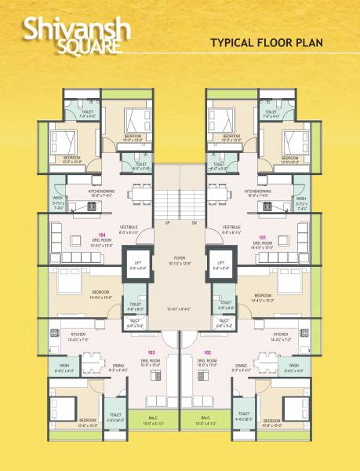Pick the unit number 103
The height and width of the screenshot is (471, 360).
(x=150, y=352)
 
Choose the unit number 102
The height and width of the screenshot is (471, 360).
(x=208, y=352)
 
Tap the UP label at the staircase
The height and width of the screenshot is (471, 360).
(x=166, y=222)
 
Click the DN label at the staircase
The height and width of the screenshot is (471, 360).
(x=194, y=222)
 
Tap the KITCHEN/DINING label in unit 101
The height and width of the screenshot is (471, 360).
(x=257, y=191)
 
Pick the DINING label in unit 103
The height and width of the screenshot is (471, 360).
(x=118, y=365)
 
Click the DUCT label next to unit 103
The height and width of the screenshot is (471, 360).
(x=138, y=320)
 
